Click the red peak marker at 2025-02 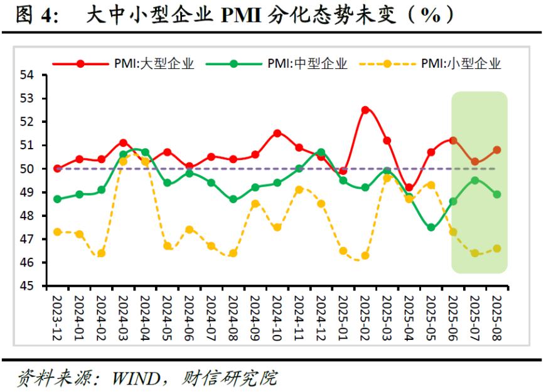coord(365,110)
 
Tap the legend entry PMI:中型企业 coord(307,63)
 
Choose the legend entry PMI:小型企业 coord(461,63)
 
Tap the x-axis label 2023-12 coord(58,317)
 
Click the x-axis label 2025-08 coord(496,317)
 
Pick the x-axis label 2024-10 coord(277,317)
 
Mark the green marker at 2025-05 coord(431,228)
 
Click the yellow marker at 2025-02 coord(365,255)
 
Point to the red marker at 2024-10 coord(277,133)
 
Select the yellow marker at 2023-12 coord(58,232)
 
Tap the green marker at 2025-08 coord(496,194)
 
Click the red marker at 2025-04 coord(409,188)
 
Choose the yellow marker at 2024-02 coord(102,253)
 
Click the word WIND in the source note coord(134,378)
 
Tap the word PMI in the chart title coord(243,14)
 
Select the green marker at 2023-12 coord(58,199)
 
